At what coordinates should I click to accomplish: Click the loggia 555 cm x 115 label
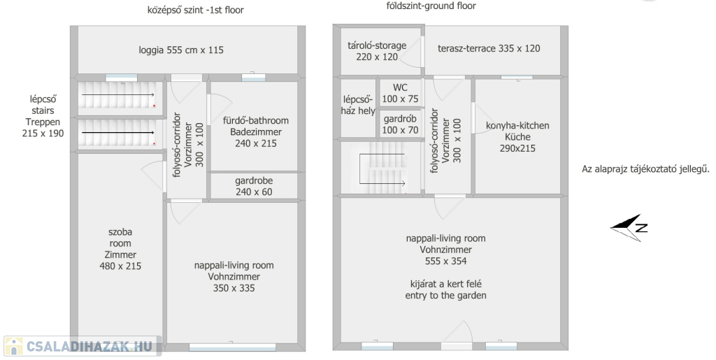(181, 50)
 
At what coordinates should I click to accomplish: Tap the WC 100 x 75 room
(400, 93)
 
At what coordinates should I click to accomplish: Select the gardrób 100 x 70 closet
(400, 124)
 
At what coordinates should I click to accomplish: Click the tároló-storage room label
(377, 45)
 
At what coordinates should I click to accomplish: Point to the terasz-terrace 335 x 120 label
(489, 48)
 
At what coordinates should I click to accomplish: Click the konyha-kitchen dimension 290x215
(517, 148)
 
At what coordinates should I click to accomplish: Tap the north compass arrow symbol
(629, 227)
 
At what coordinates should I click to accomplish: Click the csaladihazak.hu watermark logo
(83, 346)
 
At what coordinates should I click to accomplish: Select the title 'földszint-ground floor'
(431, 6)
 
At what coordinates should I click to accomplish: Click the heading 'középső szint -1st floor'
(196, 10)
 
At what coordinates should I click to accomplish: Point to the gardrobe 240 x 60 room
(254, 186)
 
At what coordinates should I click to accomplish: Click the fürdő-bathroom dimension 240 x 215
(256, 143)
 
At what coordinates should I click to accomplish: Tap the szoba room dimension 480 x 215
(120, 266)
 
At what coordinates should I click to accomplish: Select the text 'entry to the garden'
(445, 296)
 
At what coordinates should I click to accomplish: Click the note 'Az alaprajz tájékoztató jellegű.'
(645, 169)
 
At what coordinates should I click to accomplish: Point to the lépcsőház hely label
(358, 105)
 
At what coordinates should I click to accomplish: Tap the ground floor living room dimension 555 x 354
(445, 261)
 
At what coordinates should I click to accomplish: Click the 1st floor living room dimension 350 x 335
(234, 289)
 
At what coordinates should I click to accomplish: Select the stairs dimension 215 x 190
(43, 134)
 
